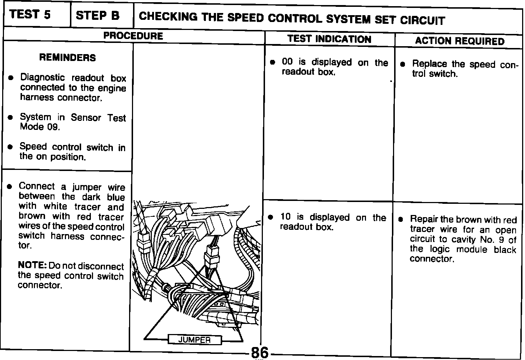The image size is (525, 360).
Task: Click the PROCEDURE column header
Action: (133, 36)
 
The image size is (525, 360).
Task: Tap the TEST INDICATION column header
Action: (329, 39)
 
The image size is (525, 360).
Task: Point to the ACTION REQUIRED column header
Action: (459, 41)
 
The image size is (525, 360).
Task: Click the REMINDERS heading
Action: (67, 58)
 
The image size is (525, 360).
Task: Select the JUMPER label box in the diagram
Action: (194, 340)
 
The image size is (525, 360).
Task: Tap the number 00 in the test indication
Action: (287, 62)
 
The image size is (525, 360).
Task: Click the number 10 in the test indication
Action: (285, 217)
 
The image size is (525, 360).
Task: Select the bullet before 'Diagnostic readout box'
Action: (11, 78)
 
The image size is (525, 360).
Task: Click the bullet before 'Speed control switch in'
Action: (11, 147)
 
